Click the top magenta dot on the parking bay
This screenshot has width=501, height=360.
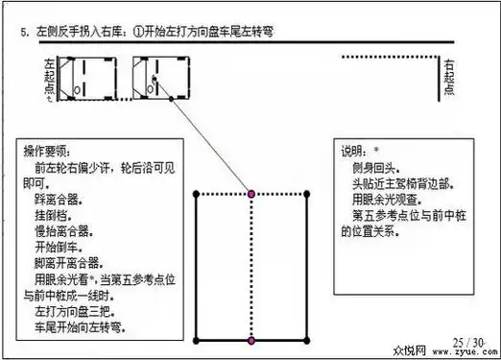point(251,194)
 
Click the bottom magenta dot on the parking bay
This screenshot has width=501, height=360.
point(251,341)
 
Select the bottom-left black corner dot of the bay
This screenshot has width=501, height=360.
point(195,341)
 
